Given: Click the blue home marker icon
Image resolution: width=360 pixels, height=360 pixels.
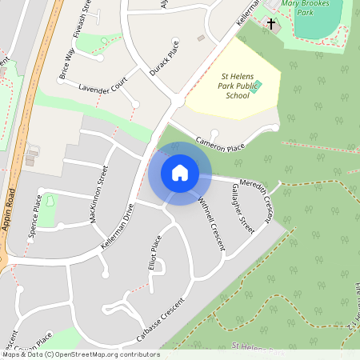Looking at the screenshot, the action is click(x=180, y=173).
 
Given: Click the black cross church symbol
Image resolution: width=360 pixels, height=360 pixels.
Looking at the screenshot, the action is click(x=271, y=25).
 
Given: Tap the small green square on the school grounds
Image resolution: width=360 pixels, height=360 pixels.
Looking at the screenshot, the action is click(x=255, y=85).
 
